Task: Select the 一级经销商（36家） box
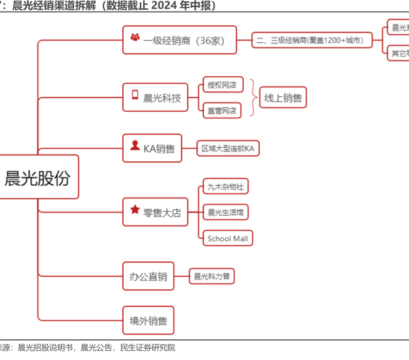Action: (x=179, y=40)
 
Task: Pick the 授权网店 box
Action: (x=222, y=85)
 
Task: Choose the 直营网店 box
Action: (x=222, y=110)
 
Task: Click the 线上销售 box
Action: (x=283, y=97)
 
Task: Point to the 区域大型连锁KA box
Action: (x=228, y=148)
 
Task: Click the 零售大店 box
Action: (x=155, y=211)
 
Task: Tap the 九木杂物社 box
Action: (x=225, y=187)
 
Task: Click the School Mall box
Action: (x=228, y=238)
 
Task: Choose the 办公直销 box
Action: (x=148, y=276)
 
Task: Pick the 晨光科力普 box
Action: (x=211, y=276)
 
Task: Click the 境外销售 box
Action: (x=148, y=320)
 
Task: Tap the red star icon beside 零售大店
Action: (x=135, y=209)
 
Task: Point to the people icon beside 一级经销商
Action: (x=135, y=38)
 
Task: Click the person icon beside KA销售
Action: (x=135, y=145)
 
